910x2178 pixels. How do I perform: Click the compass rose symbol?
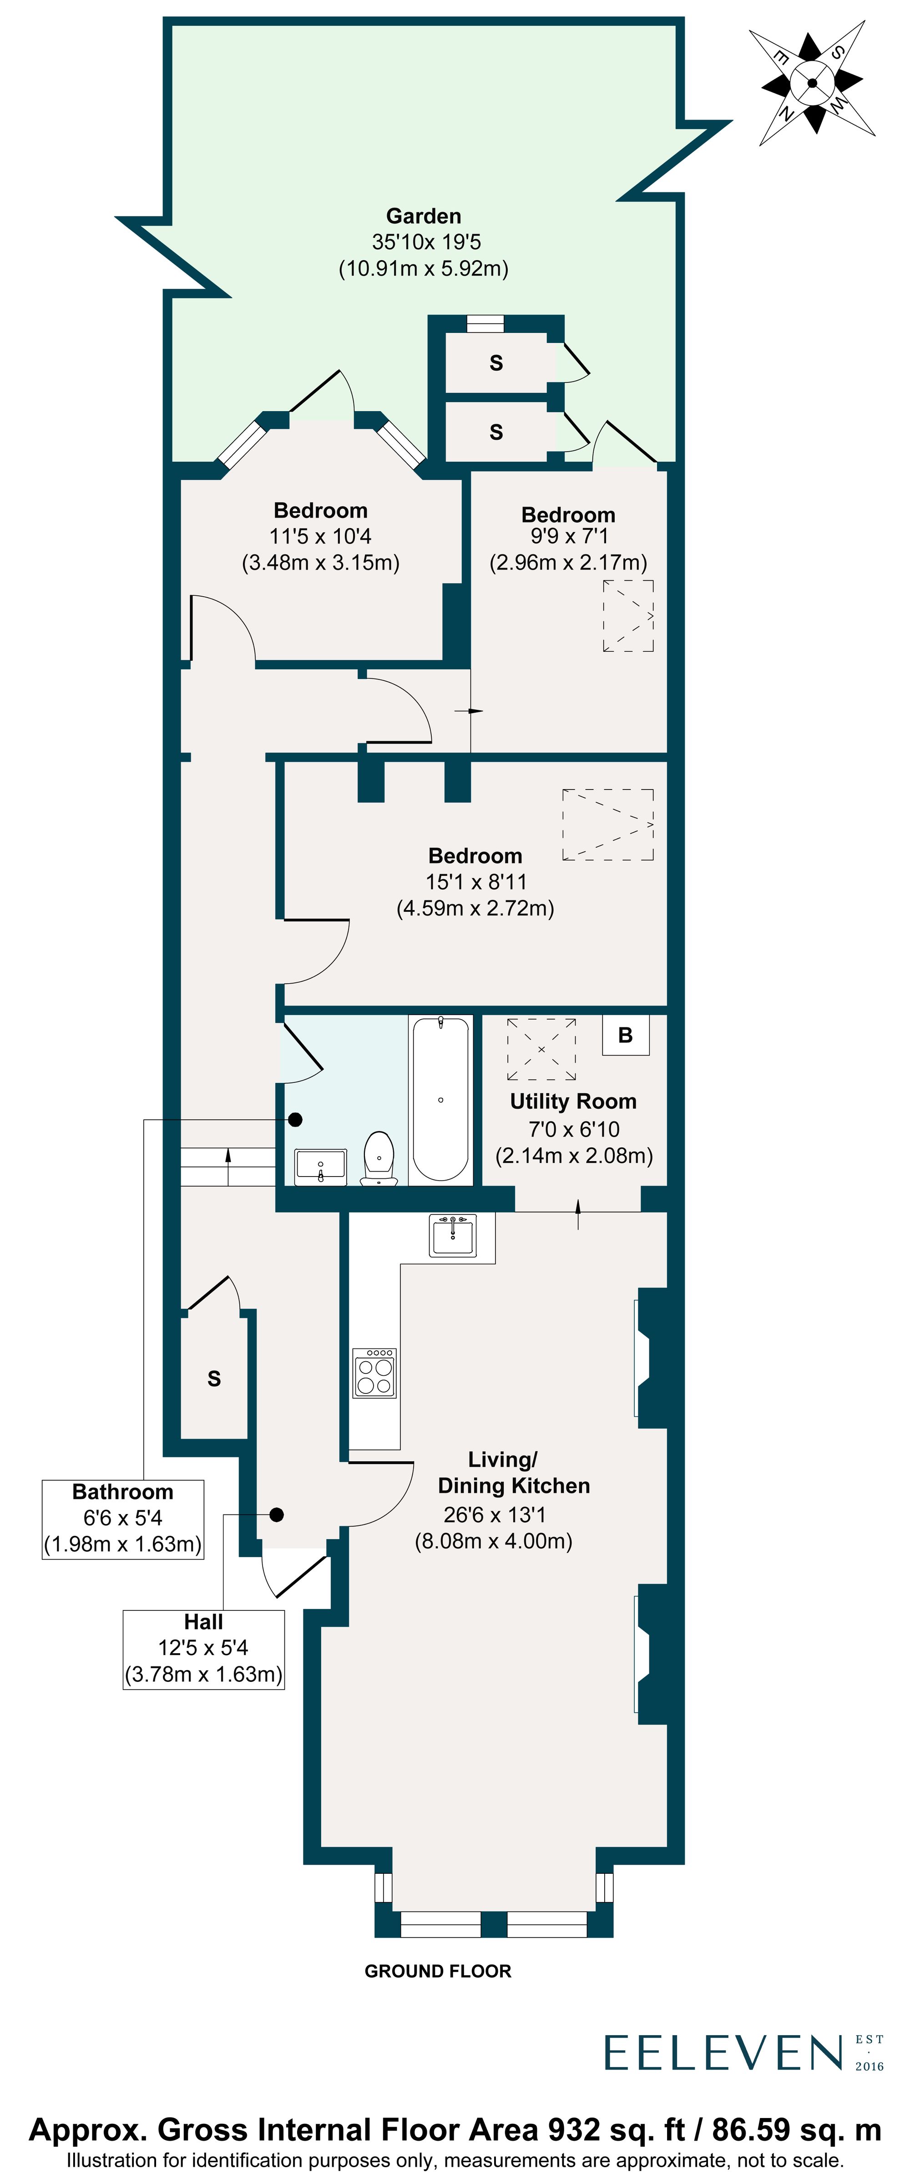click(x=812, y=83)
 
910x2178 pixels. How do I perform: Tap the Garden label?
click(x=424, y=216)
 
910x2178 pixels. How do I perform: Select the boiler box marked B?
click(x=625, y=1035)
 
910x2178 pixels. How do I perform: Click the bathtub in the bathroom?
click(x=440, y=1099)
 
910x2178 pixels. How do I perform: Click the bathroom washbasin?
click(x=320, y=1167)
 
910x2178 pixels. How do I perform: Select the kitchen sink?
click(x=452, y=1235)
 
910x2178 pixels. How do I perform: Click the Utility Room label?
click(x=572, y=1102)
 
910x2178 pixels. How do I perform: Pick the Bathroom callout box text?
click(x=123, y=1518)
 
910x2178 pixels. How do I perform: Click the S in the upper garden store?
click(x=496, y=363)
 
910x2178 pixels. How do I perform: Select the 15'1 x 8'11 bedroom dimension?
click(x=475, y=882)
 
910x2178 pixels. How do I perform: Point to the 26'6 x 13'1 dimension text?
click(x=494, y=1514)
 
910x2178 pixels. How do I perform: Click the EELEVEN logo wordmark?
click(x=723, y=2053)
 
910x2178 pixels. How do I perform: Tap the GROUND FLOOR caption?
click(x=437, y=1972)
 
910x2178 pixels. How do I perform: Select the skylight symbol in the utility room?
click(x=541, y=1049)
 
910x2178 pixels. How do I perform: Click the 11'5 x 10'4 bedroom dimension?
click(x=320, y=536)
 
